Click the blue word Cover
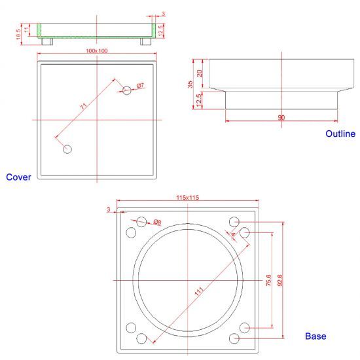(x=18, y=177)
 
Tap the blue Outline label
(x=340, y=134)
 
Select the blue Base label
(x=315, y=336)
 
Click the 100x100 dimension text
(x=97, y=51)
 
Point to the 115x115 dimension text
(x=188, y=198)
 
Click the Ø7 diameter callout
(x=140, y=86)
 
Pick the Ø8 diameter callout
(x=158, y=222)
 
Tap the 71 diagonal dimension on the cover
(x=84, y=106)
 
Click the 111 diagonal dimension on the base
(x=199, y=291)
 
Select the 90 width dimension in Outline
(x=281, y=118)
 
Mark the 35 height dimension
(x=190, y=84)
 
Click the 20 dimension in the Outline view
(x=200, y=73)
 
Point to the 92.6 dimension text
(x=280, y=280)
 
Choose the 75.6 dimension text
(x=268, y=280)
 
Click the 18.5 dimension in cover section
(x=18, y=34)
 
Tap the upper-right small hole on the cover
(x=127, y=90)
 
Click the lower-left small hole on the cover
(x=67, y=149)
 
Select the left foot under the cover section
(x=47, y=41)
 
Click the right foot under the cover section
(x=146, y=41)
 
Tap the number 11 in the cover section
(x=27, y=29)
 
